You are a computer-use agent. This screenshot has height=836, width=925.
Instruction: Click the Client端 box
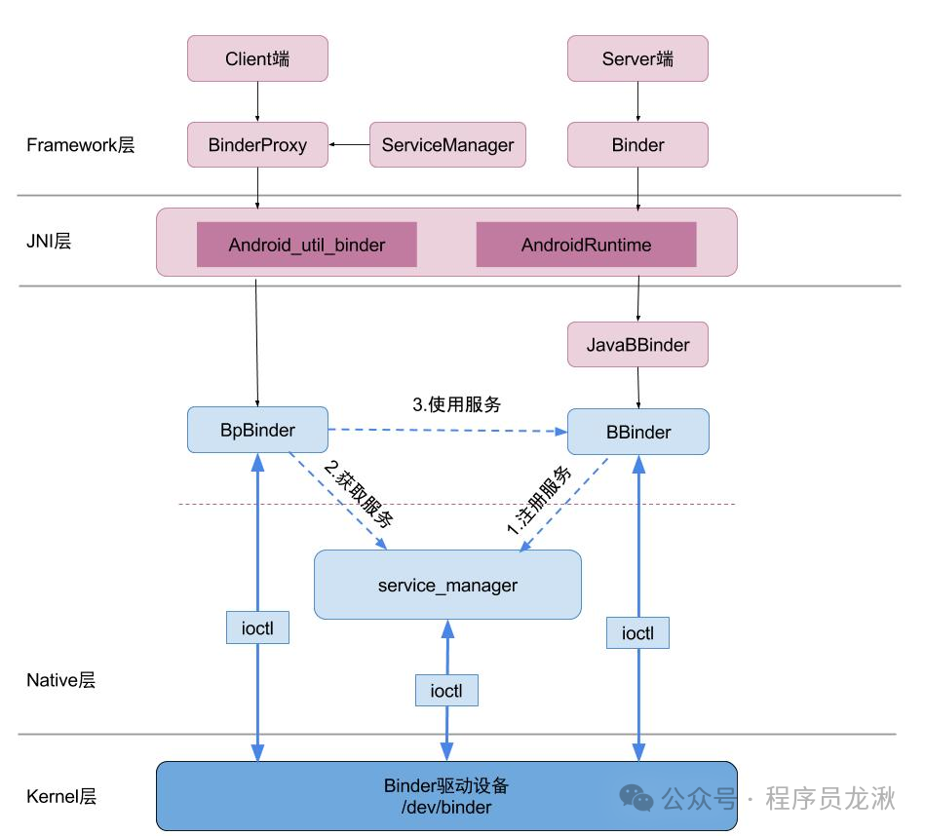point(257,58)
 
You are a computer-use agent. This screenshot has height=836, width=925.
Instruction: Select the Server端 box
point(637,58)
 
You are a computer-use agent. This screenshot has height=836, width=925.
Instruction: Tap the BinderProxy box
point(257,144)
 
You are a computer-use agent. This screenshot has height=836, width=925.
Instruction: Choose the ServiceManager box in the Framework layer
point(447,144)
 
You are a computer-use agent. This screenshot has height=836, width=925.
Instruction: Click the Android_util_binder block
point(307,245)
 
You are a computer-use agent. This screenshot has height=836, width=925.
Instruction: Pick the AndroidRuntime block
point(587,245)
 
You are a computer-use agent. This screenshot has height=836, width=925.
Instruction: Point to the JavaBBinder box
point(637,344)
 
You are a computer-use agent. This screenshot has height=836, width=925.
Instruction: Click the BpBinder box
point(257,430)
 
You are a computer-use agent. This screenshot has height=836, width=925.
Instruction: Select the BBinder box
point(638,432)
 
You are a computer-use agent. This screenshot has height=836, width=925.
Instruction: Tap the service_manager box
point(447,585)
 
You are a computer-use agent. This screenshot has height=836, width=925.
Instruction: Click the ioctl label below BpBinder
point(257,627)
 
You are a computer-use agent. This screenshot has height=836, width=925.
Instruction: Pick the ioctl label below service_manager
point(446,691)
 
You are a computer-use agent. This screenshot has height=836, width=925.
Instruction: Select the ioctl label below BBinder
point(637,633)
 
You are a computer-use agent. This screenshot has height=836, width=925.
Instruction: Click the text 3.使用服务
point(456,404)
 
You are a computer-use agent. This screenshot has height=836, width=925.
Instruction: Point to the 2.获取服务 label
point(359,493)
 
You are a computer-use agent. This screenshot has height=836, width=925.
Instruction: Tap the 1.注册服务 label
point(539,500)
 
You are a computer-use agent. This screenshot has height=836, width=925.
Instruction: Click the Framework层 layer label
point(81,145)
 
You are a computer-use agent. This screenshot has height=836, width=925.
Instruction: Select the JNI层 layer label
point(49,241)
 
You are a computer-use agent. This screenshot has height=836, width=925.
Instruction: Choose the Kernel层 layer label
point(61,796)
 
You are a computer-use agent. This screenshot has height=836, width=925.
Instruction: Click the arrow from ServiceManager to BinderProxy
point(349,144)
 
